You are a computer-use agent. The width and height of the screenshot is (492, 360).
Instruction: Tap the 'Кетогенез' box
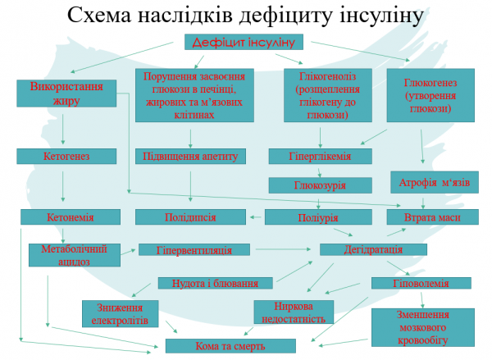pyautogui.click(x=63, y=155)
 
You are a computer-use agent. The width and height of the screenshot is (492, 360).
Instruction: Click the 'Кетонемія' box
pyautogui.click(x=70, y=217)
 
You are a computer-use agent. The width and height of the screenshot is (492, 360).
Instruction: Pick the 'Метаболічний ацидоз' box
pyautogui.click(x=74, y=254)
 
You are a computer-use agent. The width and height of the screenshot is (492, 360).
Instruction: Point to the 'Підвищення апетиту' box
pyautogui.click(x=190, y=156)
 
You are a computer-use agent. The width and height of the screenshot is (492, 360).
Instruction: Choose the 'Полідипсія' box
pyautogui.click(x=189, y=217)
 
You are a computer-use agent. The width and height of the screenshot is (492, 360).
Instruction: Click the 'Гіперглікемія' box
pyautogui.click(x=320, y=156)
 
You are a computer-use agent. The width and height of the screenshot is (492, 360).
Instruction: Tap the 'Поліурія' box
pyautogui.click(x=313, y=217)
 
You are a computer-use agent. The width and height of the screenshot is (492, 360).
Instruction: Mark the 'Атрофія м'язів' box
pyautogui.click(x=435, y=182)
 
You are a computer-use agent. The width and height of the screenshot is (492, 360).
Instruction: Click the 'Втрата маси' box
pyautogui.click(x=432, y=217)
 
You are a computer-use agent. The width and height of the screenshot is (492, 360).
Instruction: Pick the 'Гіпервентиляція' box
pyautogui.click(x=196, y=249)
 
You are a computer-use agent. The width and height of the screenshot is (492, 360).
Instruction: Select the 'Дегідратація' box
pyautogui.click(x=373, y=249)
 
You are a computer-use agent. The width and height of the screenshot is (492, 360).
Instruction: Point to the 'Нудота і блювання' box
pyautogui.click(x=216, y=284)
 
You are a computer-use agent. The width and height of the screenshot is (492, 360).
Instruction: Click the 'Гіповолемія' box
pyautogui.click(x=421, y=284)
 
